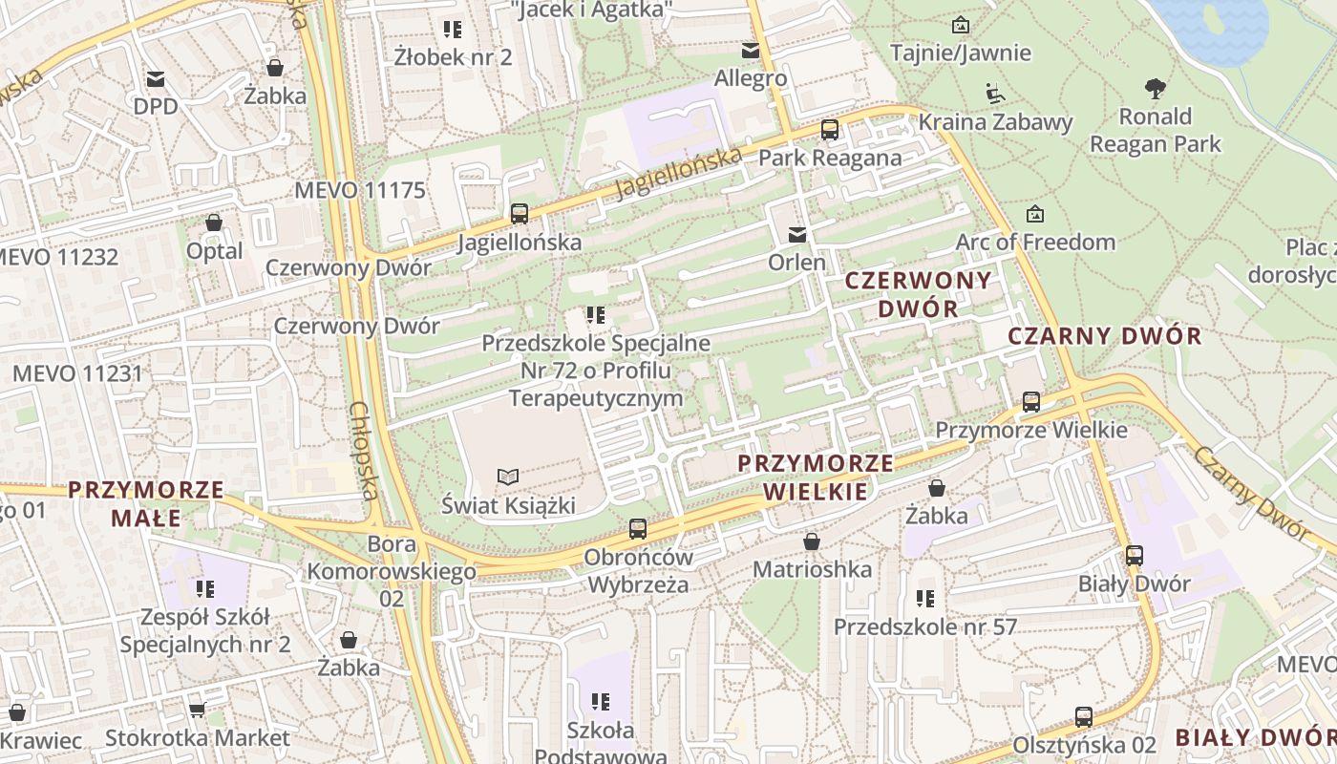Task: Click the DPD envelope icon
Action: pos(155,78)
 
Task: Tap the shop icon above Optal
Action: pos(214,223)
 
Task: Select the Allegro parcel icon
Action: pos(751,50)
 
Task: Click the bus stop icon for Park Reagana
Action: pos(830,130)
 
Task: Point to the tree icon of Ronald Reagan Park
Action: pos(1156,89)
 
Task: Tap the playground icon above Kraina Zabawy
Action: pos(995,94)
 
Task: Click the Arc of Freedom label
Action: pos(1035,242)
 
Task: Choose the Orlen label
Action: pos(797,261)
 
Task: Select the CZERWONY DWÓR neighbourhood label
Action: pos(919,294)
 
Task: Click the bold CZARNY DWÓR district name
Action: pos(1105,335)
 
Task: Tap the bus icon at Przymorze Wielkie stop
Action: pos(1031,402)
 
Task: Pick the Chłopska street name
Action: pos(365,451)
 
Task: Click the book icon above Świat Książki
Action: pos(509,477)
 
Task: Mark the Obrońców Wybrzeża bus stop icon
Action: pos(638,528)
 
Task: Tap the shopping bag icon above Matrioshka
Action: pos(812,541)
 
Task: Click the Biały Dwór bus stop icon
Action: pos(1135,555)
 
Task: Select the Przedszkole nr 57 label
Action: pos(925,626)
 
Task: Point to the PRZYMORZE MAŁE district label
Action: pos(146,503)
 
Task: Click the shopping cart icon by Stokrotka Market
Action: pos(197,710)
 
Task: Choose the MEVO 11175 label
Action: pos(360,189)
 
